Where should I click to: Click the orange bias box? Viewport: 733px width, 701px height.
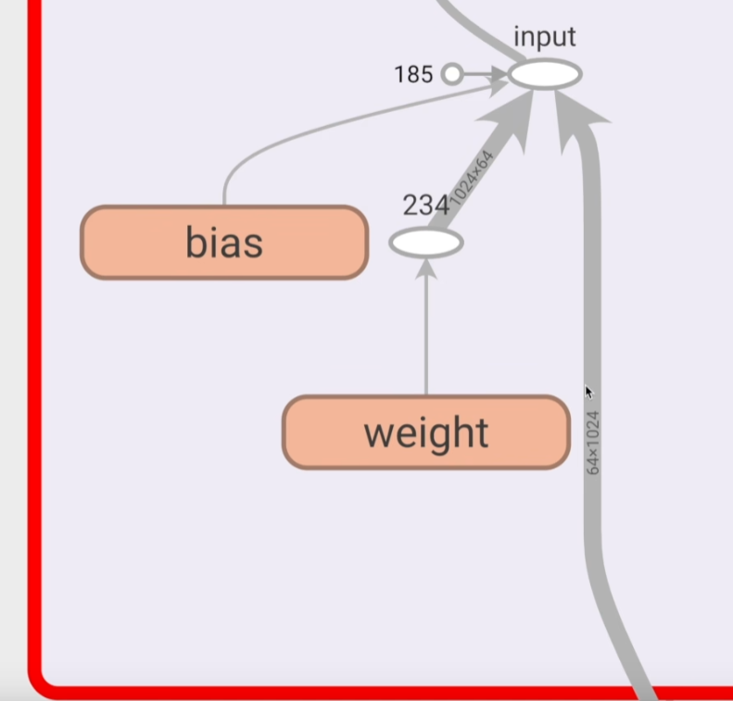(x=224, y=243)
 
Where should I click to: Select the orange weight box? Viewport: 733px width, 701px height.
(x=425, y=432)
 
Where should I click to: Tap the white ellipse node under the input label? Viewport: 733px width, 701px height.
(x=545, y=74)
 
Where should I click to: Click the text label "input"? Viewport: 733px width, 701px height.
(x=545, y=37)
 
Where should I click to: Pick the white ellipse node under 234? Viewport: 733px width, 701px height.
(x=425, y=243)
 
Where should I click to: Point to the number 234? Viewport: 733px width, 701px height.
(x=425, y=206)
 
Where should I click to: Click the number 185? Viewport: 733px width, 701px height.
(x=413, y=74)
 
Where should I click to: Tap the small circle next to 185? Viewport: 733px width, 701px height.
(x=451, y=74)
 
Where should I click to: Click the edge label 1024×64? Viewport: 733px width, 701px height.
(x=472, y=178)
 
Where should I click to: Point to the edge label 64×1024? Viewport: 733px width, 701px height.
(x=593, y=443)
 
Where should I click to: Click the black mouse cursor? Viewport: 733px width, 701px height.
(x=588, y=392)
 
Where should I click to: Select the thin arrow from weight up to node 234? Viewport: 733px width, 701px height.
(x=425, y=333)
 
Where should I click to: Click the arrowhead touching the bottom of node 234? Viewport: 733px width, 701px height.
(x=425, y=267)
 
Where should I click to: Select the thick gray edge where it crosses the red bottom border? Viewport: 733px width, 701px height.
(x=643, y=690)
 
